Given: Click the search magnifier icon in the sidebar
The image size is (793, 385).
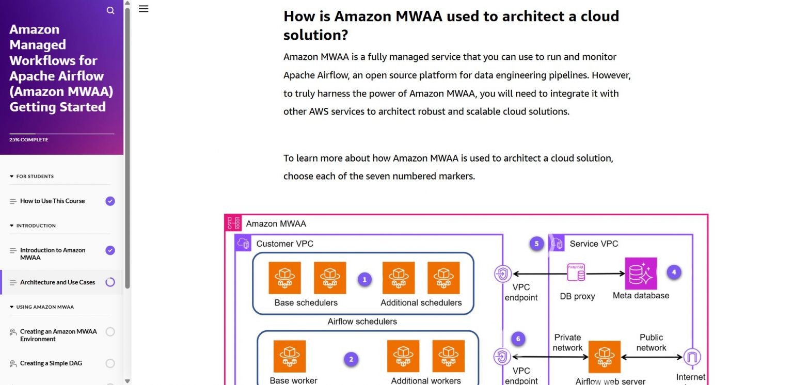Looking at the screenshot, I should click(110, 10).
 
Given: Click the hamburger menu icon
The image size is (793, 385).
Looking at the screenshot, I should click(144, 9).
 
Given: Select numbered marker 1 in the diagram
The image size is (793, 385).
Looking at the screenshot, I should click(364, 280).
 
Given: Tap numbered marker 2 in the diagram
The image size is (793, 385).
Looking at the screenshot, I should click(351, 359).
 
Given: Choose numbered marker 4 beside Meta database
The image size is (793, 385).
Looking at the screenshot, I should click(674, 272).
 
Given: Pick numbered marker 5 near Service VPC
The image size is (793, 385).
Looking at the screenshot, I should click(536, 244).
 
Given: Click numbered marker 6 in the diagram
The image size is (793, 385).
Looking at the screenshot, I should click(518, 339).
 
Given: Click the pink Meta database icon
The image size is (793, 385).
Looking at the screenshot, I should click(641, 274).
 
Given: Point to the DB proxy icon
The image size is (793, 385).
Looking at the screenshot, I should click(576, 273).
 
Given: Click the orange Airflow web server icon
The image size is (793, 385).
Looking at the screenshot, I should click(604, 356).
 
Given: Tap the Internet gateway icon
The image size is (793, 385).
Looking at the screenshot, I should click(691, 357).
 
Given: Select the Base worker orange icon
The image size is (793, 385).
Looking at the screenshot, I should click(289, 356).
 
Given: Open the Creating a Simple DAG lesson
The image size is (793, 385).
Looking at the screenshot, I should click(51, 363).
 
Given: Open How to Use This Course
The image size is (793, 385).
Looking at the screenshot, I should click(52, 201).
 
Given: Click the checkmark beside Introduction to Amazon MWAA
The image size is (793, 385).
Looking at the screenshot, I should click(110, 250).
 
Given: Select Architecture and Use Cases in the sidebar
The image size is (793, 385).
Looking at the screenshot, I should click(57, 282).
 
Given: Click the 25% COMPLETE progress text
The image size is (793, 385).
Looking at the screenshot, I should click(29, 140).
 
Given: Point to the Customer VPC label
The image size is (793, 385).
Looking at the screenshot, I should click(284, 244).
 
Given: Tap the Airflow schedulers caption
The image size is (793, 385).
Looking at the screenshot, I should click(362, 322).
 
